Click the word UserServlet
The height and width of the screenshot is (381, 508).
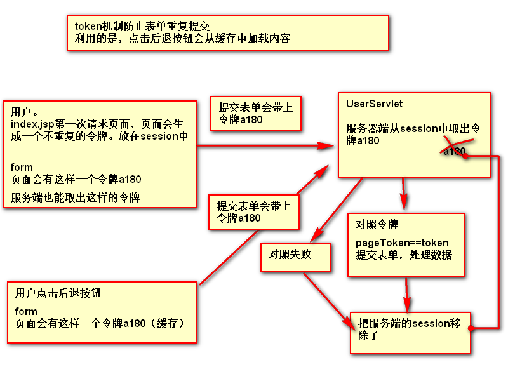click(x=374, y=104)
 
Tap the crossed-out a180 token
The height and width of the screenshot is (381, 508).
click(x=455, y=151)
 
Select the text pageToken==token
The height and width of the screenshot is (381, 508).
click(x=401, y=243)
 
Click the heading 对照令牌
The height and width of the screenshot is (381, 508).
click(x=377, y=225)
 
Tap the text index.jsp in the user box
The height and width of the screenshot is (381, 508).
click(x=31, y=123)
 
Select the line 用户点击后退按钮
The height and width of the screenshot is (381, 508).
click(x=58, y=293)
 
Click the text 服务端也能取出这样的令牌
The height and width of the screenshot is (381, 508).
click(x=75, y=197)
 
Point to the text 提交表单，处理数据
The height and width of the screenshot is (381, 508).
click(x=403, y=255)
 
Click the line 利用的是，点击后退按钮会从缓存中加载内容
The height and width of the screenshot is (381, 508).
click(x=182, y=38)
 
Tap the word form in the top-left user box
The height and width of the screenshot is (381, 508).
click(x=22, y=168)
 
